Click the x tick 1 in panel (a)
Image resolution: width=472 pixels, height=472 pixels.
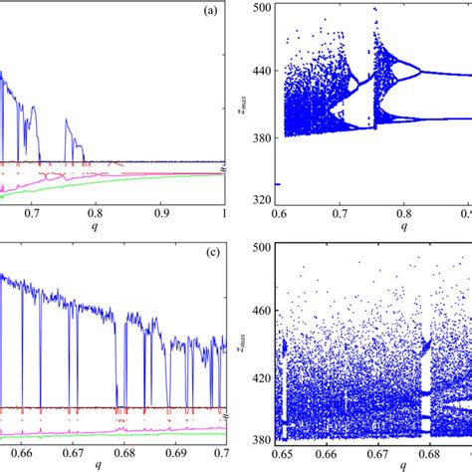point(226,212)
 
